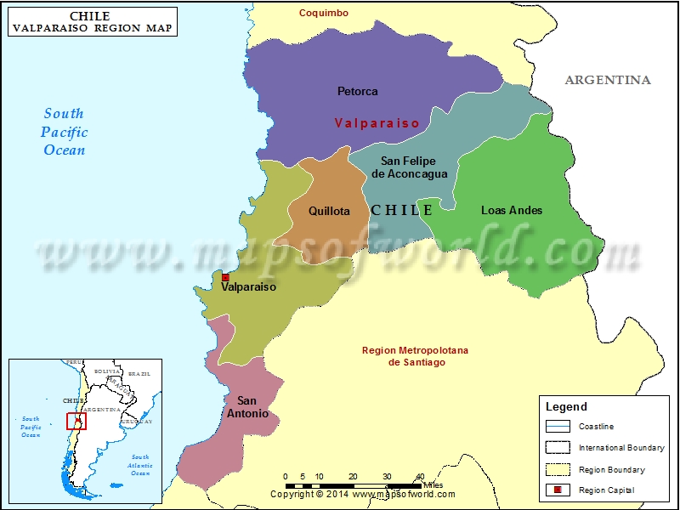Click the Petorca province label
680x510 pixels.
click(357, 91)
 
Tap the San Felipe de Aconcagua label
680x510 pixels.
click(409, 167)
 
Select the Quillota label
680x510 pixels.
click(329, 212)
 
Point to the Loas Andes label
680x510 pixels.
click(512, 210)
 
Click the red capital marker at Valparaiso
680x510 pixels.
click(225, 277)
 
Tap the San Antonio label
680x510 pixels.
click(252, 407)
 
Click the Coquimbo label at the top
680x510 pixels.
click(324, 13)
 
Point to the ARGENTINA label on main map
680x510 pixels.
click(608, 80)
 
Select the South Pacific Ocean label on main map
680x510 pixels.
click(65, 132)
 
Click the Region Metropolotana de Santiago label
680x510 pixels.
click(416, 356)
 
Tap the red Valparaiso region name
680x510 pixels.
click(377, 123)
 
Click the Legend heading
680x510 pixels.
click(566, 407)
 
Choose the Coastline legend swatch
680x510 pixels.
click(558, 426)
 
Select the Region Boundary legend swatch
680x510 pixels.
click(558, 469)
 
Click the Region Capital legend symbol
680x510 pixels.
click(558, 490)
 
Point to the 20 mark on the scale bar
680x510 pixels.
click(353, 476)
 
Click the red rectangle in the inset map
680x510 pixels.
click(76, 421)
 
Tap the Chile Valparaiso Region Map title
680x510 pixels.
click(92, 22)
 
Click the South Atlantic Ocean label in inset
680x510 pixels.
click(140, 465)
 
